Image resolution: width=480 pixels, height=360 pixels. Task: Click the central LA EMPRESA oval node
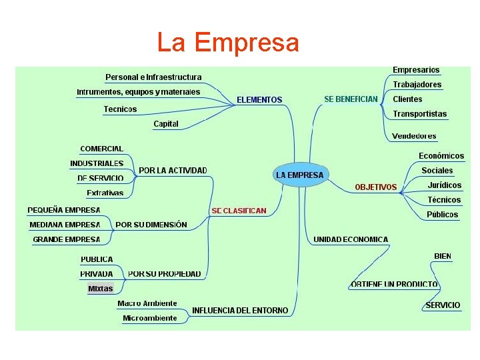[x=299, y=175]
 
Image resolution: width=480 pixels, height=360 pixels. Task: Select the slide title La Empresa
[x=228, y=43]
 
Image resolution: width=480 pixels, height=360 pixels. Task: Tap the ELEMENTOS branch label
[x=259, y=100]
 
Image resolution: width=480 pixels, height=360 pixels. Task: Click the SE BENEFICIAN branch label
[x=351, y=99]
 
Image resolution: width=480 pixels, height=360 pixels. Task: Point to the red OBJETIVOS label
[x=375, y=187]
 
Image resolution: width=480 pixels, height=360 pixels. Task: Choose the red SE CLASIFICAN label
[x=239, y=211]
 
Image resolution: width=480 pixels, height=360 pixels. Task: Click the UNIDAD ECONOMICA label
[x=351, y=239]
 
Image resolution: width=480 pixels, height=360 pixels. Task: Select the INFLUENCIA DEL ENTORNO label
[x=240, y=311]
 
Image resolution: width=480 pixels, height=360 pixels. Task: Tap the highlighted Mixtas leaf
[x=101, y=289]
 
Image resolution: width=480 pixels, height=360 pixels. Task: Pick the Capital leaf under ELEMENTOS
[x=166, y=124]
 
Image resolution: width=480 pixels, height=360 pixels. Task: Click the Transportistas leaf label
[x=420, y=114]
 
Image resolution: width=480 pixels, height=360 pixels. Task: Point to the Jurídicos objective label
[x=445, y=185]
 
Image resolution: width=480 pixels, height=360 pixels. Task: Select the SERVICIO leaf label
[x=443, y=305]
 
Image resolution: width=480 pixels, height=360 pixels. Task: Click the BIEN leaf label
[x=443, y=256]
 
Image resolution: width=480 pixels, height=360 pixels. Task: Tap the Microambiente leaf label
[x=150, y=319]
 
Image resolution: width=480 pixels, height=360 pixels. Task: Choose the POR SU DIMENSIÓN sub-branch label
[x=151, y=225]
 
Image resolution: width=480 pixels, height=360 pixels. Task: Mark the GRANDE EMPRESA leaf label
[x=67, y=239]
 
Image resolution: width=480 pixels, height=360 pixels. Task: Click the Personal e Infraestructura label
[x=153, y=77]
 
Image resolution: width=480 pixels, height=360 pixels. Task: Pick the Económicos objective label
[x=441, y=156]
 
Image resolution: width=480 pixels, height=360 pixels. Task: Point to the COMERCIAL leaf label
[x=101, y=149]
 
